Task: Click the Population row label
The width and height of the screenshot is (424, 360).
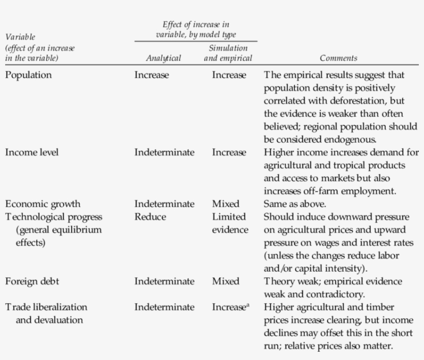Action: point(28,75)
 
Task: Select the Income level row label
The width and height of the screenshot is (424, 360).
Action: point(32,152)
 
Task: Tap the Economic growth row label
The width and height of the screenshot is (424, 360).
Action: point(43,204)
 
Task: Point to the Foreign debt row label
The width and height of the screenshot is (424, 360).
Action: point(32,281)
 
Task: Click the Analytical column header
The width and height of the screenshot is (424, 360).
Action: point(163,58)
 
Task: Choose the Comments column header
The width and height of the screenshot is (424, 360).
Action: point(338,58)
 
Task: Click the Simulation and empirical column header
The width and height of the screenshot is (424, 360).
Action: point(228,53)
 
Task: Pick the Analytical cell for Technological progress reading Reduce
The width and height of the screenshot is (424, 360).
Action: point(150,217)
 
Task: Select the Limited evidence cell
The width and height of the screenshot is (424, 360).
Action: point(230,223)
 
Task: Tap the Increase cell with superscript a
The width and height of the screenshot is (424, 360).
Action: point(231,307)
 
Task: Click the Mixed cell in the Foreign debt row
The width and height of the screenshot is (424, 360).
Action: point(225,281)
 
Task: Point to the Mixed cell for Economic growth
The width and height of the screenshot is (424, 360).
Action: point(225,204)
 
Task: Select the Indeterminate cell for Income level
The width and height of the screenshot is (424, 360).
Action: point(164,152)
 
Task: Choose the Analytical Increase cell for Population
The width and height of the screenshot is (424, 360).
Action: point(152,75)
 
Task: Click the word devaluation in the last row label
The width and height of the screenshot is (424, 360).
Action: point(49,320)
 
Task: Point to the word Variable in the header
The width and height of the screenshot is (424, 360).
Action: point(20,37)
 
